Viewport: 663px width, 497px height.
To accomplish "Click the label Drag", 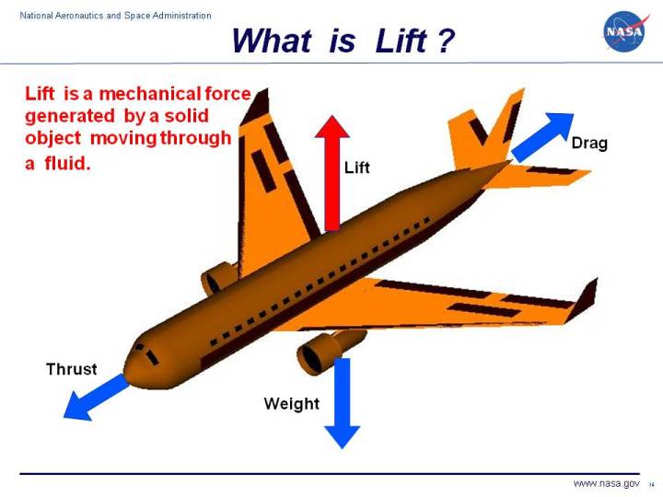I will point(589,144).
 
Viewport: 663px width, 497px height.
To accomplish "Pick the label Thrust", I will point(72,369).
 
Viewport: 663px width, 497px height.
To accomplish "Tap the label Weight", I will point(291,403).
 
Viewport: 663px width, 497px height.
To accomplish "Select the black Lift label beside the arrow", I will point(357,168).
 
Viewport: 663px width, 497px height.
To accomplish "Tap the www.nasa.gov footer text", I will point(606,483).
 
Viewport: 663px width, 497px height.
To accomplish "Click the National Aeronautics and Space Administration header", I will point(109,16).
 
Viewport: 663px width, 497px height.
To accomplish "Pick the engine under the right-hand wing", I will point(318,353).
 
